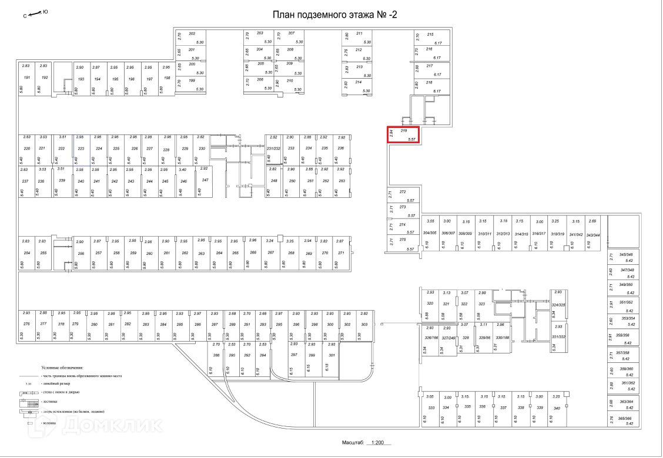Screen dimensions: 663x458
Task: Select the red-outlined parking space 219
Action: coord(403,135)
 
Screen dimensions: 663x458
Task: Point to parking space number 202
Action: coord(192,33)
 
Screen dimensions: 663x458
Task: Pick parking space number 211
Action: coord(359,33)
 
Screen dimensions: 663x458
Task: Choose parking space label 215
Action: coord(430,35)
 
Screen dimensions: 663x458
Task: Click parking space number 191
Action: coord(26,78)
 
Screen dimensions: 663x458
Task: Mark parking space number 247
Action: coord(205,180)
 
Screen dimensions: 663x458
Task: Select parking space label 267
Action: coord(271,252)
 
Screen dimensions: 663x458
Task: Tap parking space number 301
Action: coord(331,356)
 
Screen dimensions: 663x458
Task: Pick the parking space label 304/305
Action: coord(430,233)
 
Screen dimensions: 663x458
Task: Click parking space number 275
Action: coord(403,240)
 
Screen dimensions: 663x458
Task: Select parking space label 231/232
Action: coord(273,149)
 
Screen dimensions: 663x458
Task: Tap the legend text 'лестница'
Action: coord(51,401)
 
